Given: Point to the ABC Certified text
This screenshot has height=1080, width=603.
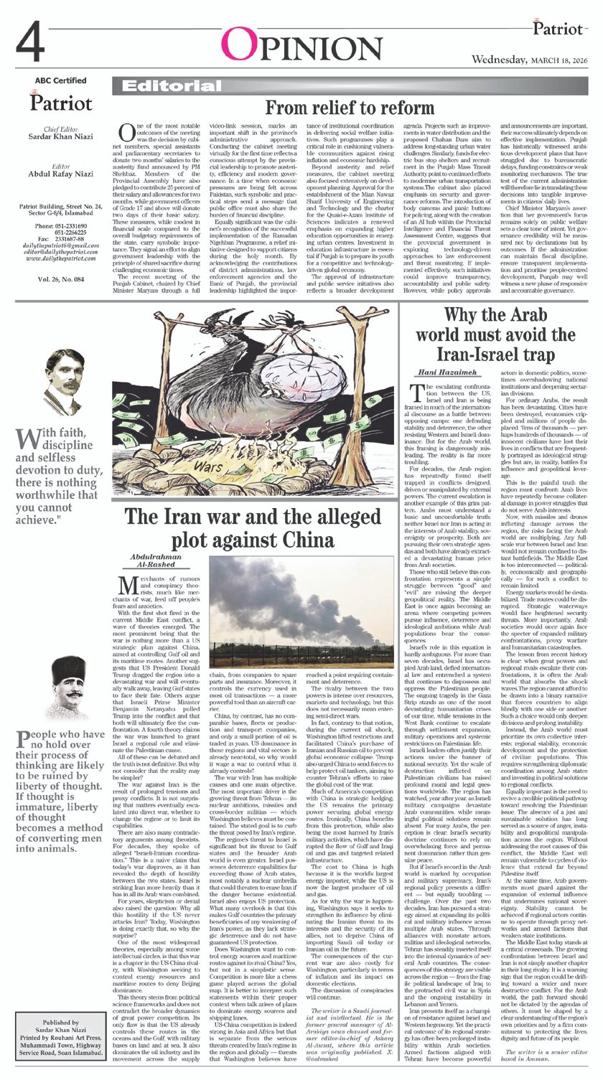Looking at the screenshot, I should tap(60, 80).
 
